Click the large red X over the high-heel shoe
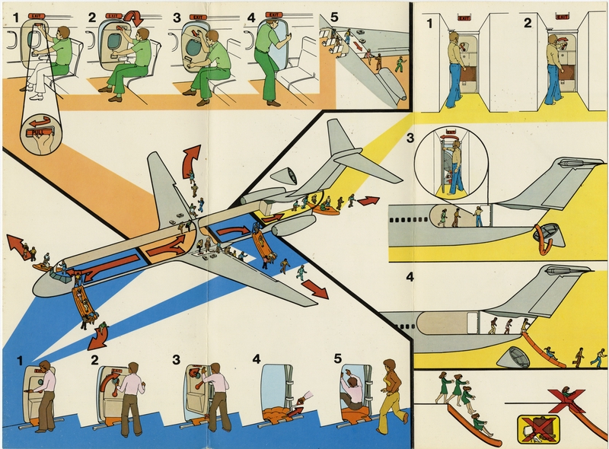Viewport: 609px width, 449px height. [x=566, y=400]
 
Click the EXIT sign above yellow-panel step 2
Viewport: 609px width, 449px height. [x=562, y=16]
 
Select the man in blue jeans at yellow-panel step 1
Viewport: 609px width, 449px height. [x=454, y=68]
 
